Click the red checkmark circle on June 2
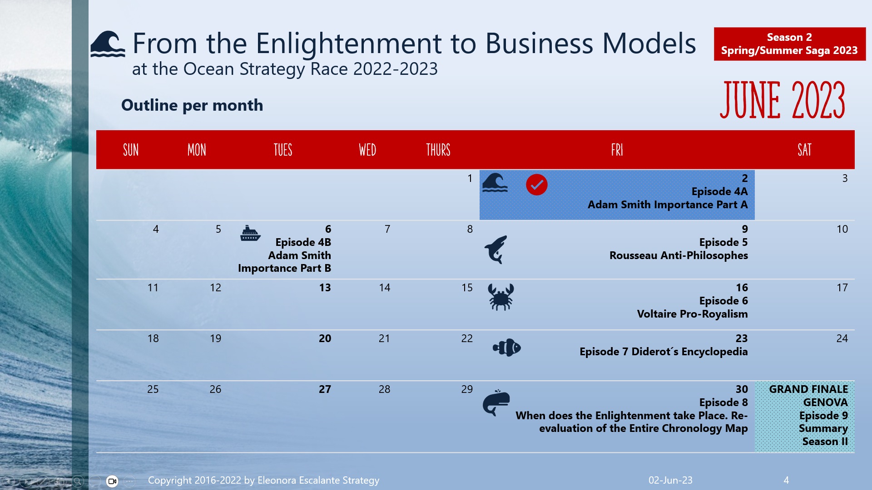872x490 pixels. coord(536,185)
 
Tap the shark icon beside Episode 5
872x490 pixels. coord(495,250)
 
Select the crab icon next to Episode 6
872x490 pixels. coord(500,297)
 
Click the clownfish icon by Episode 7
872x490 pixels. coord(507,348)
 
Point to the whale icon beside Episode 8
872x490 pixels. coord(496,403)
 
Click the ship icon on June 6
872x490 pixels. coord(250,233)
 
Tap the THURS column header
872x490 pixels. coord(438,150)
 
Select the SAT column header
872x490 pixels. coord(804,150)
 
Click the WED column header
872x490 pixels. coord(367,150)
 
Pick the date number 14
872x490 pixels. coord(384,288)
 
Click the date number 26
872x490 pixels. coord(215,389)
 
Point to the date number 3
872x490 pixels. coord(845,178)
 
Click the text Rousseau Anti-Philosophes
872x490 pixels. coord(679,255)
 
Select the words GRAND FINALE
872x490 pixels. coord(808,389)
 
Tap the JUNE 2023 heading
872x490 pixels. coord(782,100)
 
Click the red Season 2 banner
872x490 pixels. coord(789,44)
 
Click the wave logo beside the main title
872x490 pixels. coord(108,44)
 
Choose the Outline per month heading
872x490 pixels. coord(192,105)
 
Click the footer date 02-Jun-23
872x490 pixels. coord(670,480)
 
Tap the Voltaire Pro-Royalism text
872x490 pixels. coord(692,314)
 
